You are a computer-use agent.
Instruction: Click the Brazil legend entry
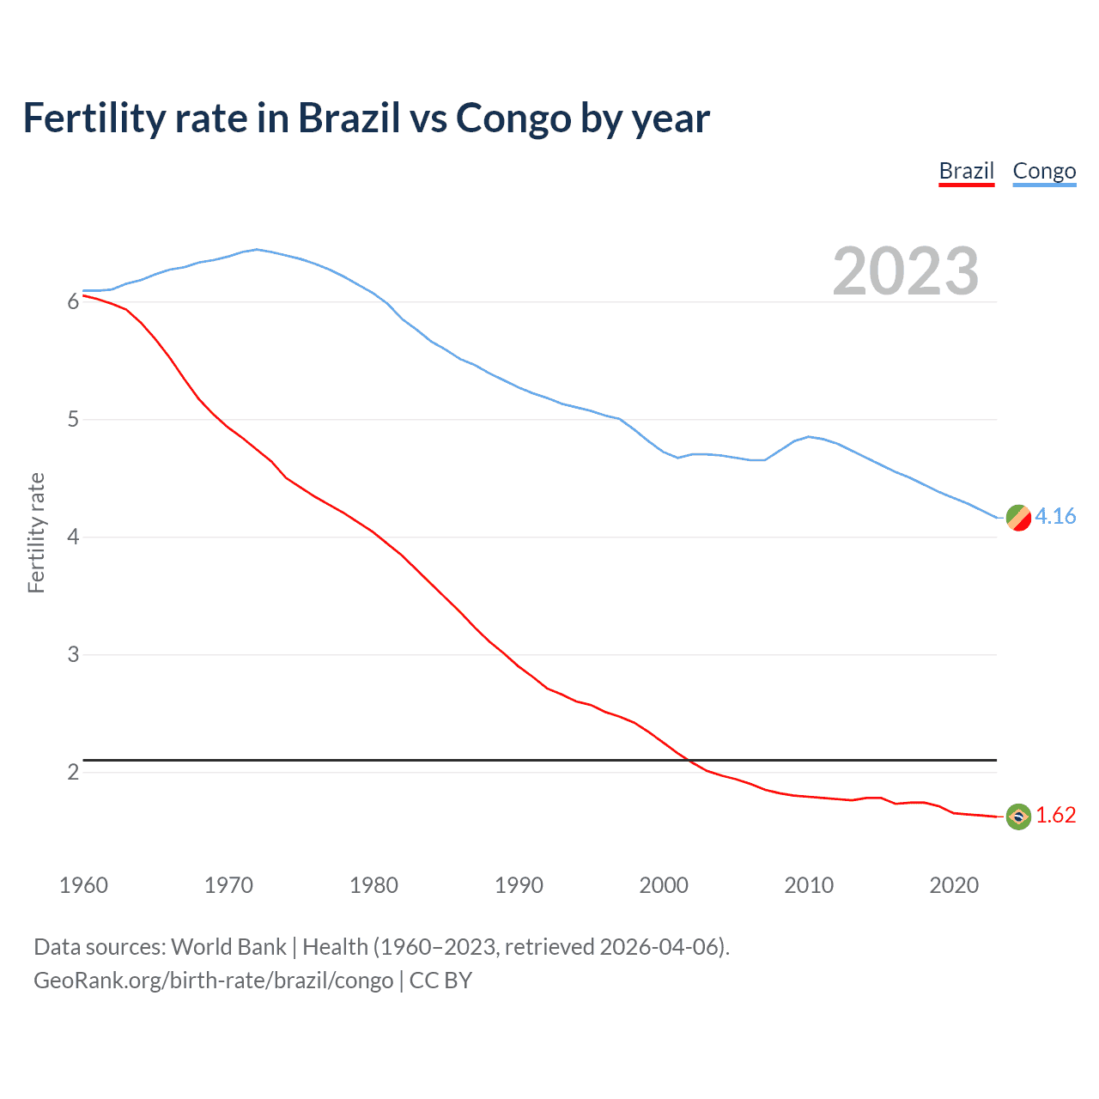click(x=966, y=172)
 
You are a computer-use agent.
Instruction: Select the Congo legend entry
click(x=1044, y=172)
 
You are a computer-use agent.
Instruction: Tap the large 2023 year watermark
click(x=906, y=271)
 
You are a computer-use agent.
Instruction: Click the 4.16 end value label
click(x=1055, y=516)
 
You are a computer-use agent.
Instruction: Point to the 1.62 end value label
click(x=1055, y=815)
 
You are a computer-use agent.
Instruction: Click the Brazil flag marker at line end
click(x=1018, y=817)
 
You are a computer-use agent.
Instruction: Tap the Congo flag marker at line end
click(x=1018, y=518)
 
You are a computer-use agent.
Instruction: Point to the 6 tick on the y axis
click(x=73, y=302)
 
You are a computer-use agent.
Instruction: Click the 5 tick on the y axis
click(x=73, y=420)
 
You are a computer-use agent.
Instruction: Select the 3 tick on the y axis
click(x=73, y=655)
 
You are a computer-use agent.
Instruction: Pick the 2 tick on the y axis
click(x=73, y=773)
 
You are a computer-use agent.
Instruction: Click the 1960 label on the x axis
click(x=83, y=885)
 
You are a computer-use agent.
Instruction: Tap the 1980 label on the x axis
click(x=373, y=885)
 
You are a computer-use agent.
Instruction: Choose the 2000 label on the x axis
click(x=664, y=885)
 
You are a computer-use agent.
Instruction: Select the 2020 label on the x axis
click(x=954, y=885)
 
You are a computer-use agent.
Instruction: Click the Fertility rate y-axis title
click(x=36, y=532)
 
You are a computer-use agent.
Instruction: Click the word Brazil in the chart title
click(x=349, y=118)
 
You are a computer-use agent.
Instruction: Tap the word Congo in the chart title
click(x=513, y=118)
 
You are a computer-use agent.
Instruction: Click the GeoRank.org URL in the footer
click(x=213, y=981)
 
